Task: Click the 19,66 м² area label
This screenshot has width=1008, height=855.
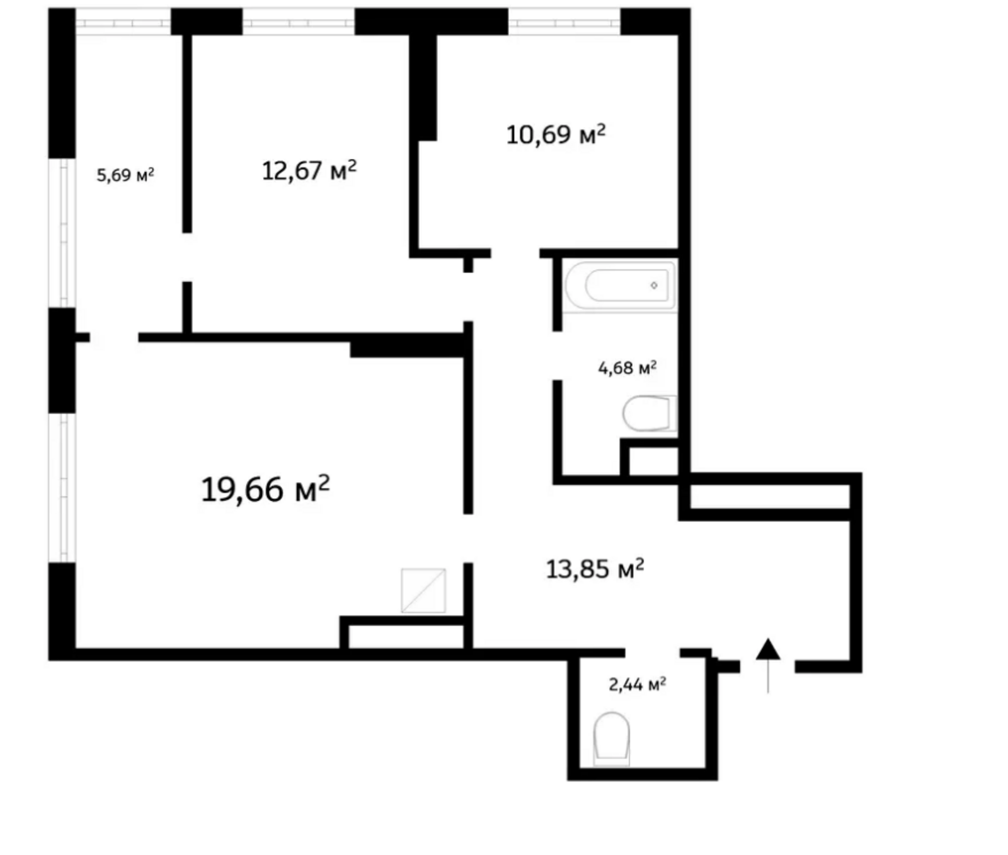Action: (x=265, y=489)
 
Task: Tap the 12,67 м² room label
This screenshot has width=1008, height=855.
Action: (x=309, y=170)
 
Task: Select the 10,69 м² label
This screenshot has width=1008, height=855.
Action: (x=556, y=134)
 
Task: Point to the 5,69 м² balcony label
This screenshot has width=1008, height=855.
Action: (x=125, y=175)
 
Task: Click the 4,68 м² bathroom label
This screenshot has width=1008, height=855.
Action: (x=627, y=367)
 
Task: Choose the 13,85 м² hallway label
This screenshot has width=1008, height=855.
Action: (x=595, y=569)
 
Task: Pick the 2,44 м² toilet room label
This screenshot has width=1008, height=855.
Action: (x=638, y=684)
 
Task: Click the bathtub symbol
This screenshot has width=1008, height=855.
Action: (x=621, y=286)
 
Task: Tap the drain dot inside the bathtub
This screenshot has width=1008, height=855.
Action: (x=654, y=286)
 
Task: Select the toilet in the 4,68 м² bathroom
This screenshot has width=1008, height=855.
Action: (x=650, y=414)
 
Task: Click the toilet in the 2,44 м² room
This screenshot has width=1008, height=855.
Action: (x=612, y=738)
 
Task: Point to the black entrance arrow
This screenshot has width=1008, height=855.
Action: (x=768, y=665)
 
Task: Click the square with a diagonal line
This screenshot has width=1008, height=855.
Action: (x=423, y=590)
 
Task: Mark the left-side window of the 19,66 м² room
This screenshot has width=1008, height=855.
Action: (x=63, y=487)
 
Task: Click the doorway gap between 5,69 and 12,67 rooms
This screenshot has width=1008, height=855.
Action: (x=187, y=257)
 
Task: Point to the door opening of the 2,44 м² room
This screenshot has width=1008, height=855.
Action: (x=653, y=653)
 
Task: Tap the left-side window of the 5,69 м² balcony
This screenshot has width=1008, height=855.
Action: (x=63, y=233)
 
